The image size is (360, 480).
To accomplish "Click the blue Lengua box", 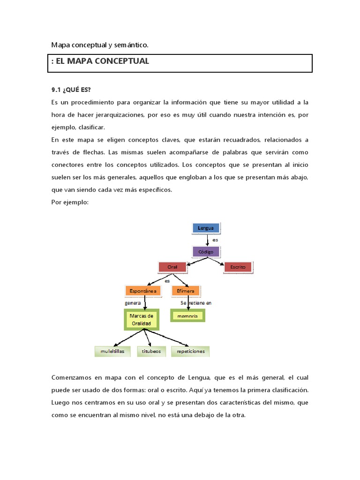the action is (x=206, y=228).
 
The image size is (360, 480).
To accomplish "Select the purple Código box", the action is (x=206, y=252).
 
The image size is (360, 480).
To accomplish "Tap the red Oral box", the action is (x=172, y=267).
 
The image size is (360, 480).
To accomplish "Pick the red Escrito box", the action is (x=238, y=267).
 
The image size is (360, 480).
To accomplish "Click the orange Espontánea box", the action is (x=143, y=291).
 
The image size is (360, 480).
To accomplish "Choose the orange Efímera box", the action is (x=186, y=291).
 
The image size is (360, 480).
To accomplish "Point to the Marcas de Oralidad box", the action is (x=141, y=320).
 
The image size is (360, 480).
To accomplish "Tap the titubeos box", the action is (x=151, y=351).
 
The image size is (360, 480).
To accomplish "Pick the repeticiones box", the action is (x=190, y=351).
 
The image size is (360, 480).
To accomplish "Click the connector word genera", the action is (x=133, y=303).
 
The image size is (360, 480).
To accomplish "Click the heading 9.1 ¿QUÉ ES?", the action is (x=71, y=90).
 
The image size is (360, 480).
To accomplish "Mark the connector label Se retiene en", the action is (x=196, y=303).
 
